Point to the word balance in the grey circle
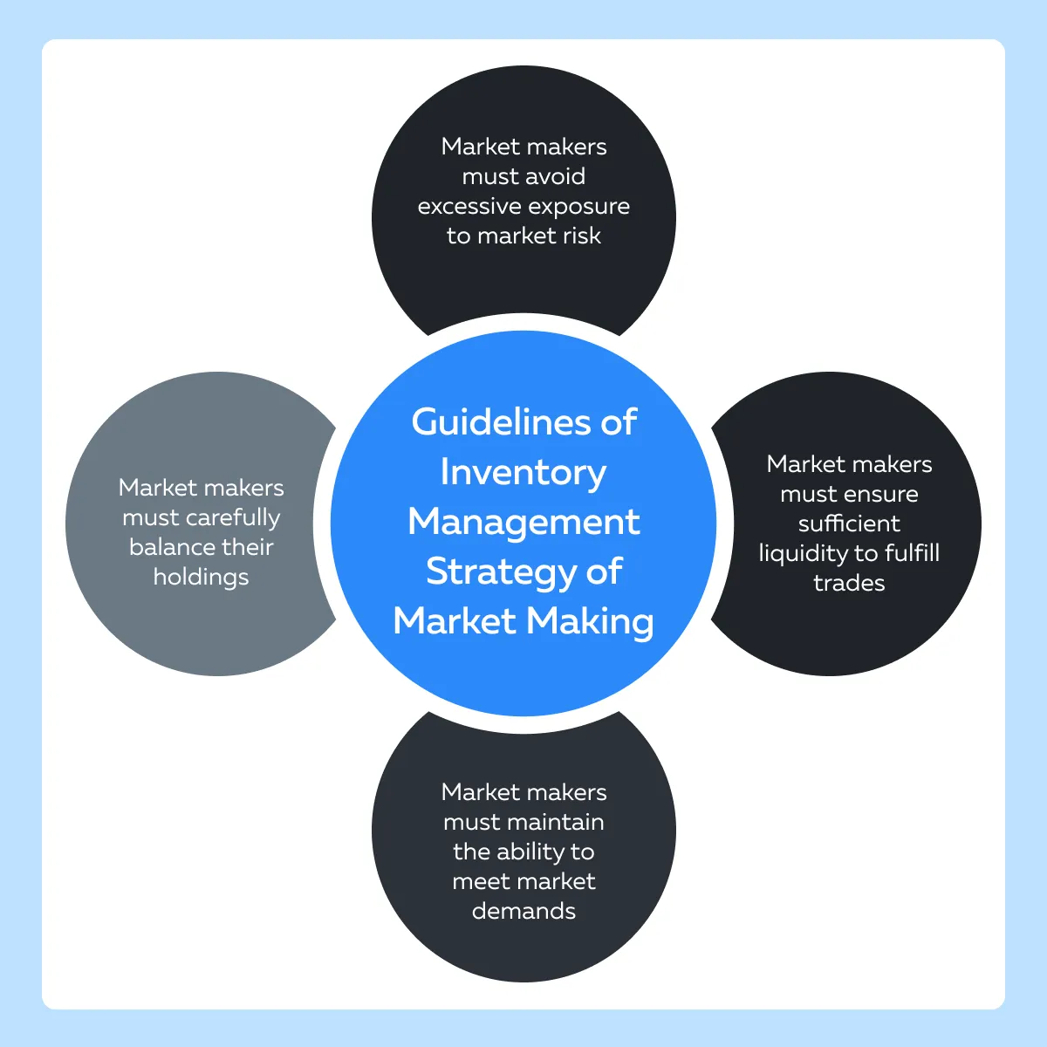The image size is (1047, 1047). click(171, 547)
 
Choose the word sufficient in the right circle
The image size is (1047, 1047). click(849, 523)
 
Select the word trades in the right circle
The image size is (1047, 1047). click(849, 584)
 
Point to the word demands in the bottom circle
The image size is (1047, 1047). click(523, 911)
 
